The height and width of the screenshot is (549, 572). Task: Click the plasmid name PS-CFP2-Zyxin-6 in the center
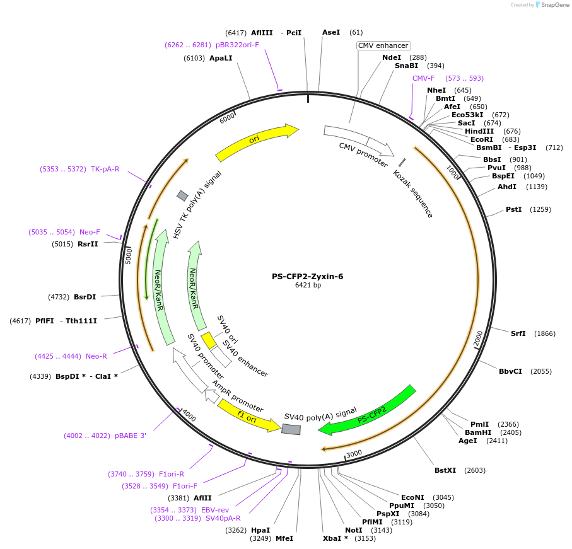(307, 276)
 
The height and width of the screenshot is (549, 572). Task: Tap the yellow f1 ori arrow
(248, 415)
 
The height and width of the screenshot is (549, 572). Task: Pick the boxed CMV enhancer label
(383, 45)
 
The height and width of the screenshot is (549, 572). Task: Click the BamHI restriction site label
(477, 432)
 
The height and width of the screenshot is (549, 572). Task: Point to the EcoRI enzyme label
(482, 139)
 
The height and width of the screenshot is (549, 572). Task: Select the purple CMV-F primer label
(424, 78)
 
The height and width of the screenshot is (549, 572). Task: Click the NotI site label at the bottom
(354, 530)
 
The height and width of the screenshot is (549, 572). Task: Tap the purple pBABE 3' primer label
(131, 436)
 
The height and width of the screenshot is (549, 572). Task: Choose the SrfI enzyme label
(518, 333)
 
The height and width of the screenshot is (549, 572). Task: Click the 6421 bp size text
(308, 286)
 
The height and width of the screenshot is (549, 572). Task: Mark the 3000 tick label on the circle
(354, 453)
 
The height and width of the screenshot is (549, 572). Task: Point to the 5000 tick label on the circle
(129, 255)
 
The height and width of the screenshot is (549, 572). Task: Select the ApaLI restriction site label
(221, 58)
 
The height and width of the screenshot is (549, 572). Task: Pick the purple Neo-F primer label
(90, 232)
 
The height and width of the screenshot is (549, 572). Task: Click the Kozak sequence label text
(413, 194)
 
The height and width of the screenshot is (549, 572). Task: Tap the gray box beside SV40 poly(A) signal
(291, 429)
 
